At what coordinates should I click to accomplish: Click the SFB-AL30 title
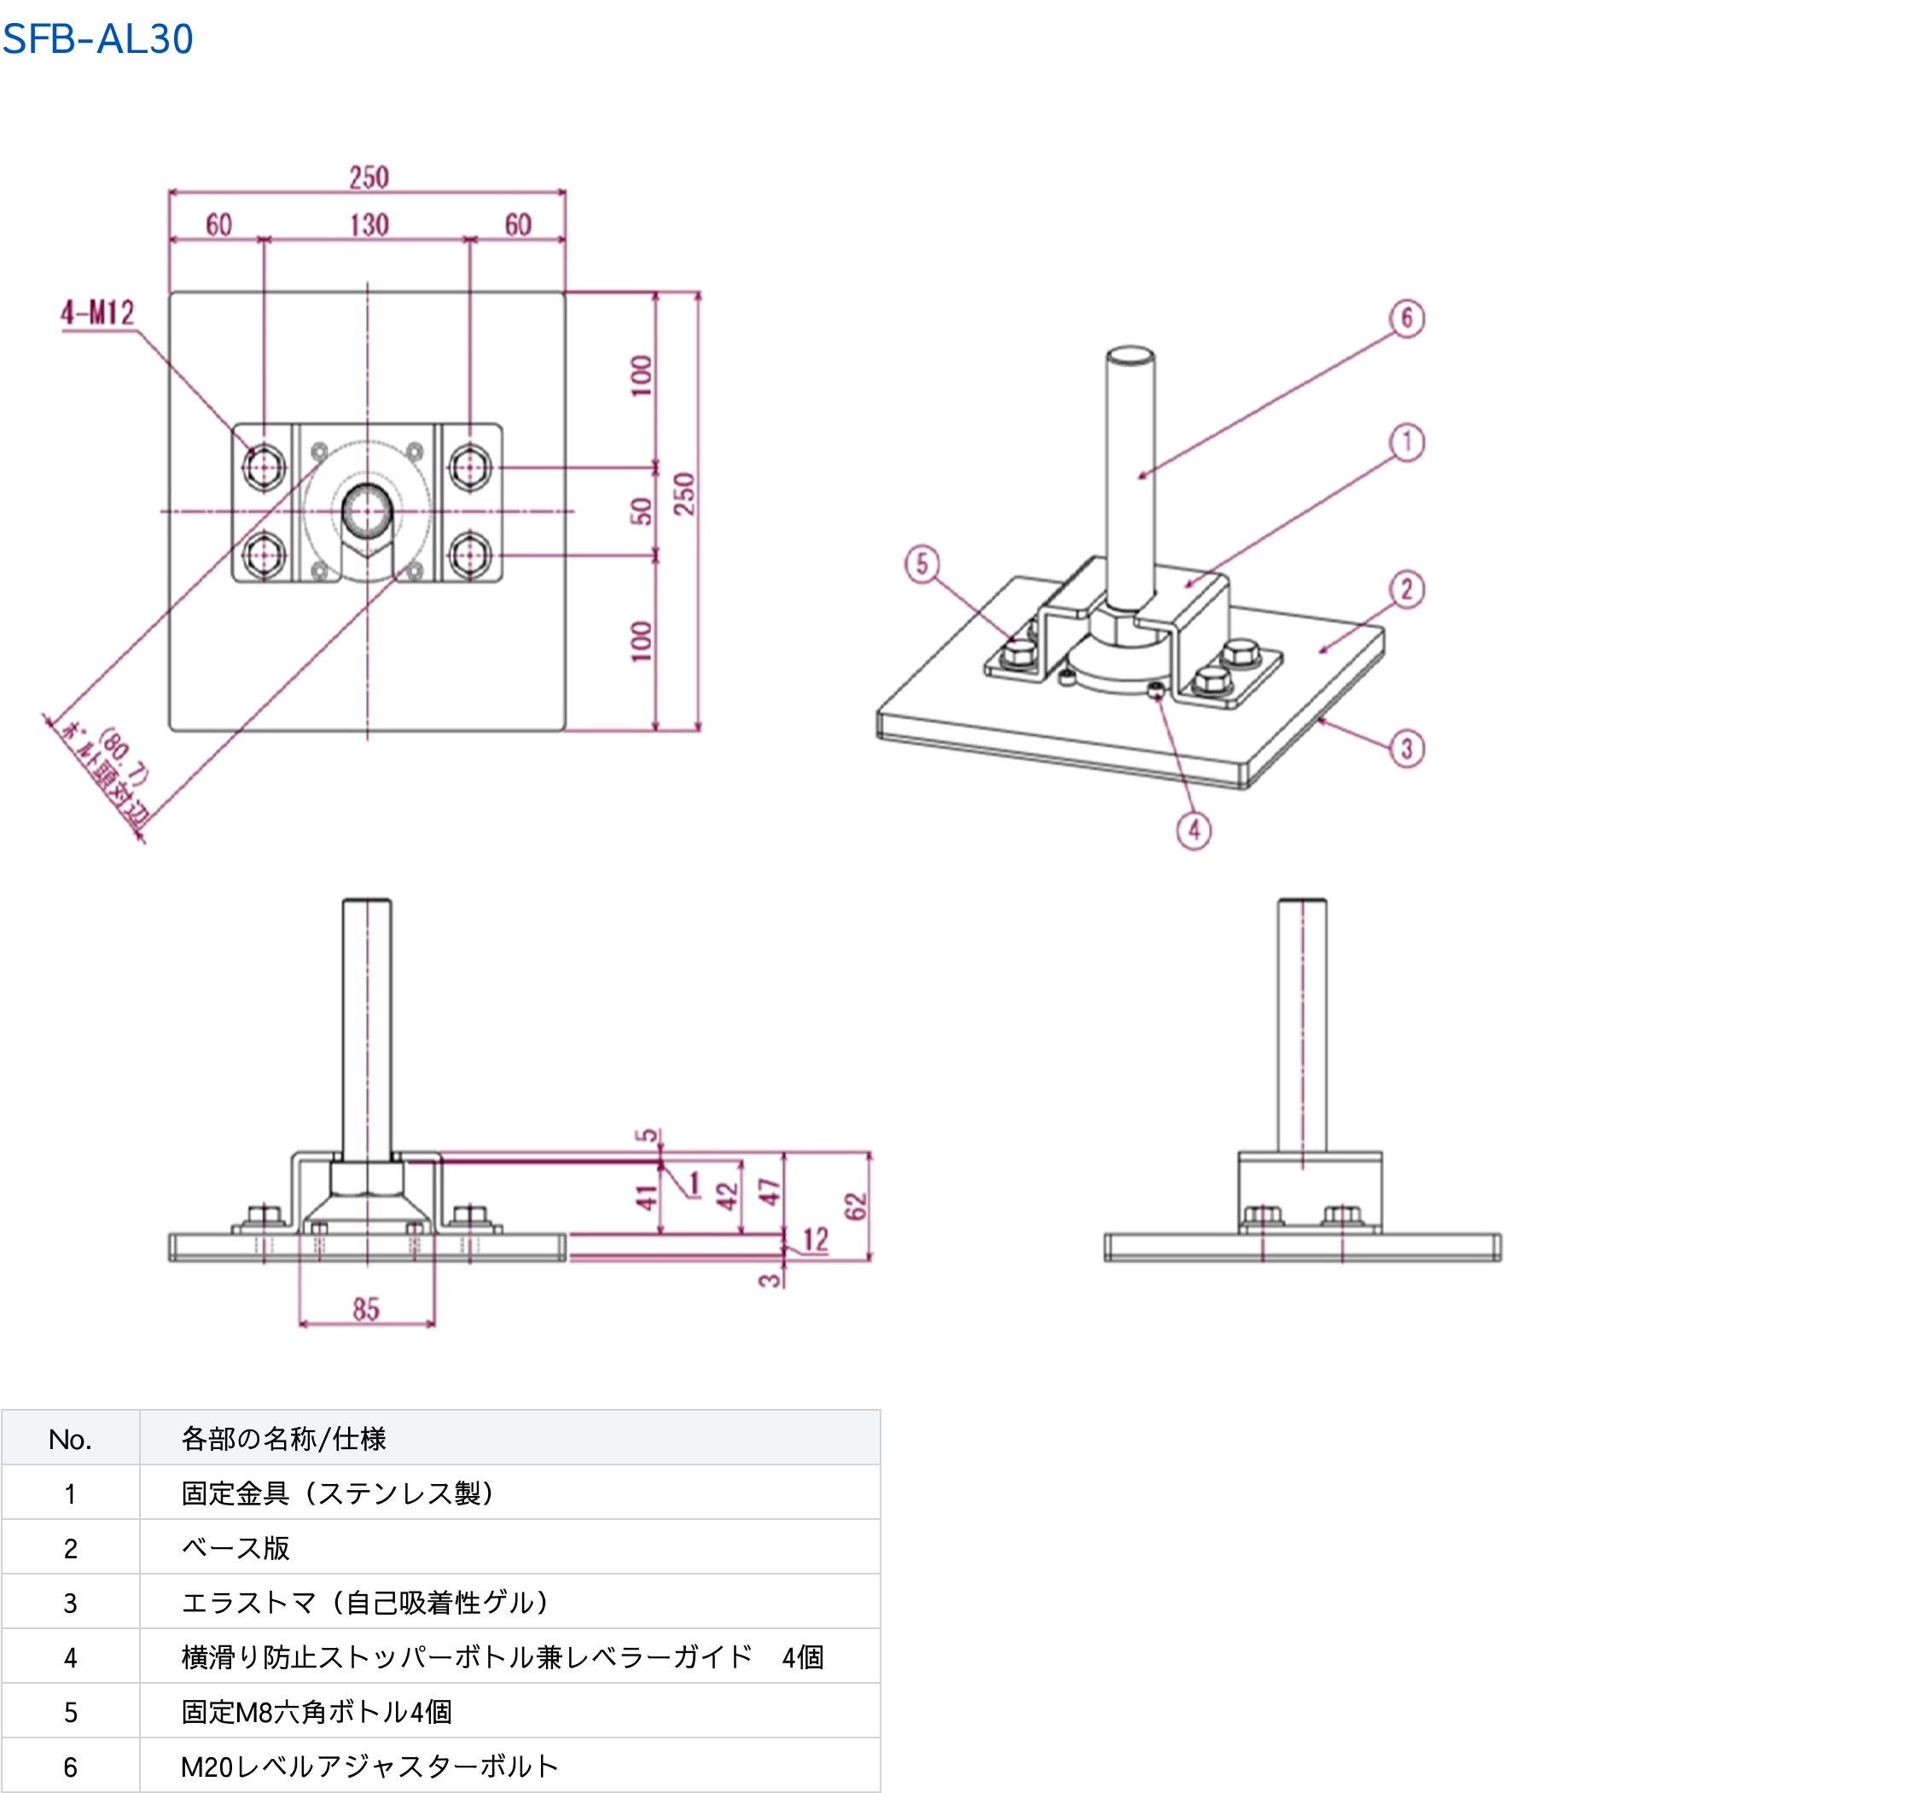[98, 39]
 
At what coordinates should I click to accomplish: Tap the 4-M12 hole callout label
[98, 313]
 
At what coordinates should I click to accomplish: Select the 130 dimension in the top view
[369, 225]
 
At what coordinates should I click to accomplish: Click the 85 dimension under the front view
[367, 1309]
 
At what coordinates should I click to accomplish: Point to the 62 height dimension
[856, 1206]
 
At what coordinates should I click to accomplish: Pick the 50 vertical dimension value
[641, 511]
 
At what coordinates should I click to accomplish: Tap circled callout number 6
[1407, 318]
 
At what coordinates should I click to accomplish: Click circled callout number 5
[922, 564]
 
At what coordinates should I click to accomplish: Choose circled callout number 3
[1407, 748]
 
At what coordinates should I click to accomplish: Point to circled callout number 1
[1407, 443]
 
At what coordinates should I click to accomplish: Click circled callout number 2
[1407, 589]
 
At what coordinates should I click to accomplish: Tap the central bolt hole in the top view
[367, 511]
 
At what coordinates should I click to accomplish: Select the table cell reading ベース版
[235, 1547]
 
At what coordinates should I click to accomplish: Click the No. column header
[70, 1439]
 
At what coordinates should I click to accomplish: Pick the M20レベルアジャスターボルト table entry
[369, 1766]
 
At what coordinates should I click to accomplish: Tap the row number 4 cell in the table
[70, 1657]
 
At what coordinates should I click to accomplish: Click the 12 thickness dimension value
[815, 1238]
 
